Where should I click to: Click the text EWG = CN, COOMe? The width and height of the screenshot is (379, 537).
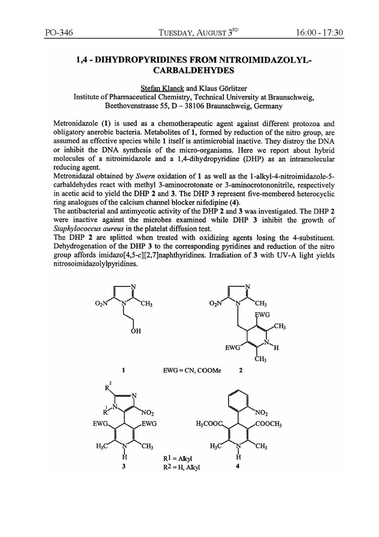point(192,371)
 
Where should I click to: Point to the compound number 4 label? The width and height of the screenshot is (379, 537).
point(237,467)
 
